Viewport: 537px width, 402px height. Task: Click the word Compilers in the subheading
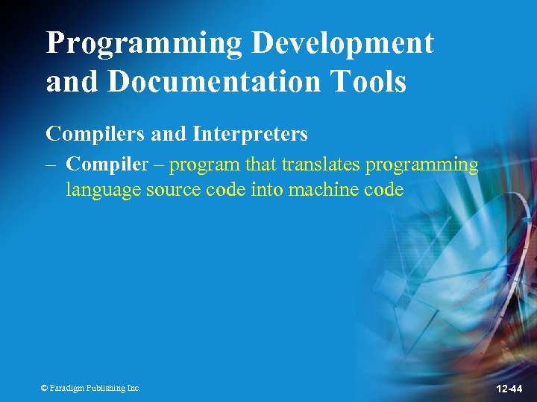pyautogui.click(x=95, y=135)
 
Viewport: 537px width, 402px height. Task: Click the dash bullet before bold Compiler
pyautogui.click(x=51, y=165)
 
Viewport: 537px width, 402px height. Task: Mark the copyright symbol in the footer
pyautogui.click(x=44, y=388)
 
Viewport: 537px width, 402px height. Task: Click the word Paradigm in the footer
pyautogui.click(x=67, y=388)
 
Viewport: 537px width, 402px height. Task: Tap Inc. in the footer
pyautogui.click(x=134, y=388)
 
